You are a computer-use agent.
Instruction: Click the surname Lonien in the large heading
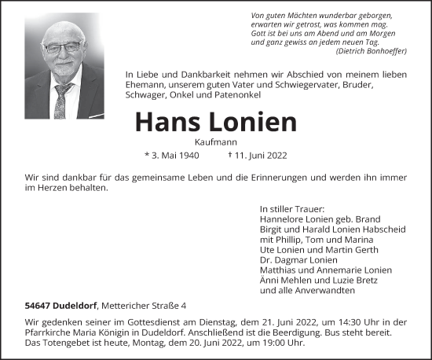tap(253, 121)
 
